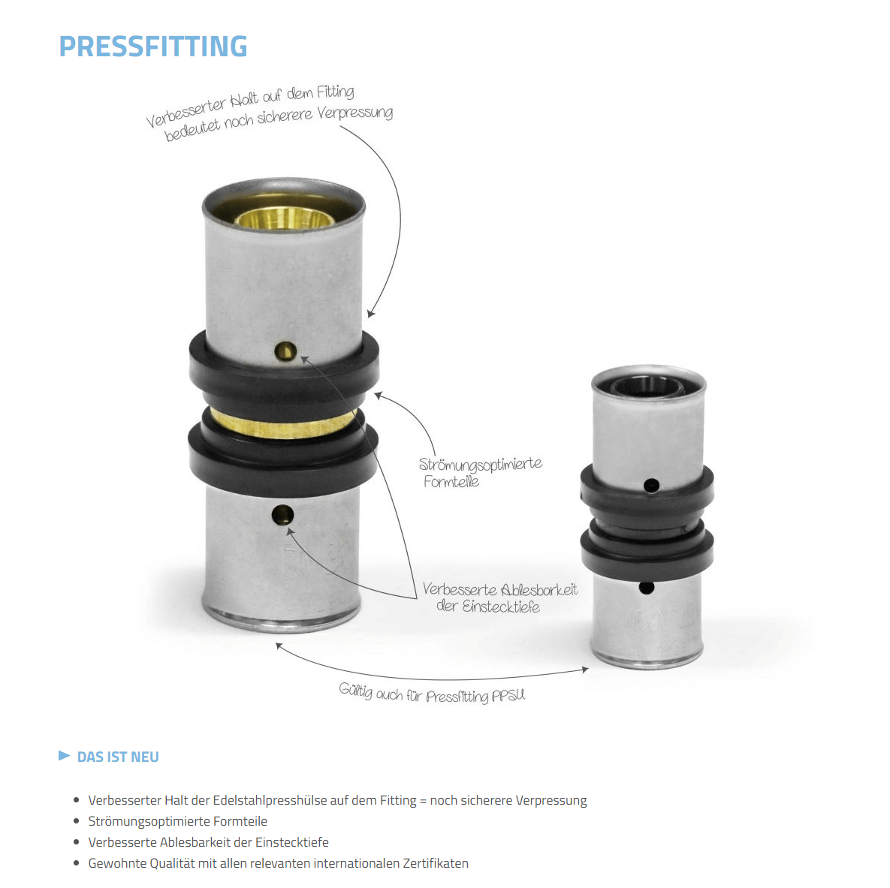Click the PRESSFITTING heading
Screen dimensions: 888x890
153,47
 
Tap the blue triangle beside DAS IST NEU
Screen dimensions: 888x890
64,755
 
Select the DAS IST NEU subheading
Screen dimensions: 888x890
118,757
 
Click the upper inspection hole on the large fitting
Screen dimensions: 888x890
285,350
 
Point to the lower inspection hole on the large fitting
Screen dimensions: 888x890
283,514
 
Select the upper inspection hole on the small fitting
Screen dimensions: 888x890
652,486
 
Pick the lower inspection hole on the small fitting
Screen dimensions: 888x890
646,588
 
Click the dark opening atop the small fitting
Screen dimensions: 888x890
647,387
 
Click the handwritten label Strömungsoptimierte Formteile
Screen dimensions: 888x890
479,473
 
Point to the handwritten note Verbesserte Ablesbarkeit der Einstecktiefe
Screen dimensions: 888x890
499,598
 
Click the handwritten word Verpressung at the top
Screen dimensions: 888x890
354,113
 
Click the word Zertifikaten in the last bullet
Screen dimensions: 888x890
435,863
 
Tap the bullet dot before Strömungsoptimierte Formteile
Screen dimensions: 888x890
76,821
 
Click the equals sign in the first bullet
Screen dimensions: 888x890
423,801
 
